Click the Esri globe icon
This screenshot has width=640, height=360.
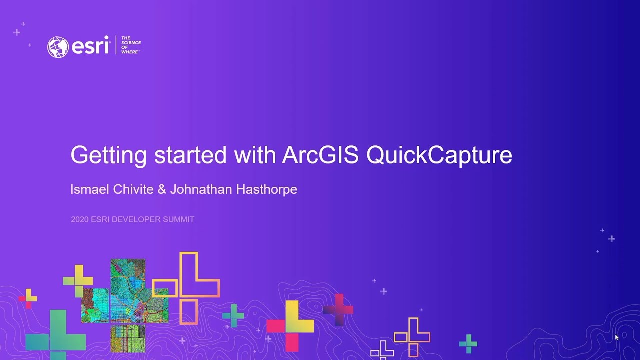(58, 47)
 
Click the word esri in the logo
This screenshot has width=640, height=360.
(90, 46)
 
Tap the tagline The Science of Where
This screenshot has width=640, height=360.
(131, 45)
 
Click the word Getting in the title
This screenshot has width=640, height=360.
(108, 155)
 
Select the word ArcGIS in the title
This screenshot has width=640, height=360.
(320, 155)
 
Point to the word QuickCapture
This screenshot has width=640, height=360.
(439, 155)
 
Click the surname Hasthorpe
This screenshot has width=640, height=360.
(268, 189)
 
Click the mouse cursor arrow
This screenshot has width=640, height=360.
(617, 338)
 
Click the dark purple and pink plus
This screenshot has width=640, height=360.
(338, 310)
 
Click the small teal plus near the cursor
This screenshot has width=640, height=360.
(468, 343)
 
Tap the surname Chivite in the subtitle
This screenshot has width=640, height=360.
(130, 189)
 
